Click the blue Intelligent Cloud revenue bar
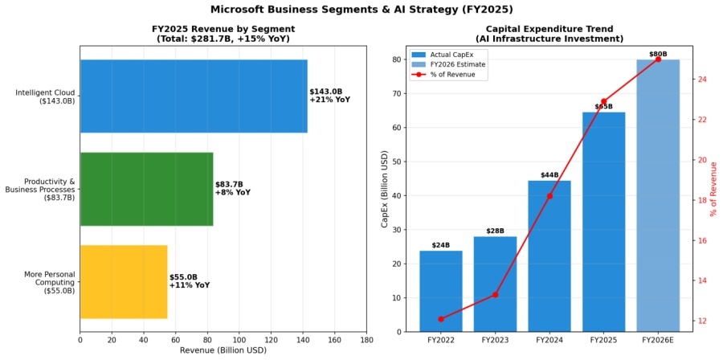click(193, 96)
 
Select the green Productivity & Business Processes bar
click(146, 189)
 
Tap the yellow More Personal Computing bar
click(124, 281)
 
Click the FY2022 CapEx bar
click(440, 291)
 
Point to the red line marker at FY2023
click(495, 295)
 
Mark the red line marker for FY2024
click(549, 196)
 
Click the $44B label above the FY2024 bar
click(549, 175)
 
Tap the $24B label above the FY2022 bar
click(440, 245)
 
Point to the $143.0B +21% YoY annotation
click(329, 96)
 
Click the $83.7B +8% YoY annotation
click(232, 188)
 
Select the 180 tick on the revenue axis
click(366, 341)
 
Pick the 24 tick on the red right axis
click(702, 79)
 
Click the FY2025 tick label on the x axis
click(603, 341)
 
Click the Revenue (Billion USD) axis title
click(223, 351)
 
